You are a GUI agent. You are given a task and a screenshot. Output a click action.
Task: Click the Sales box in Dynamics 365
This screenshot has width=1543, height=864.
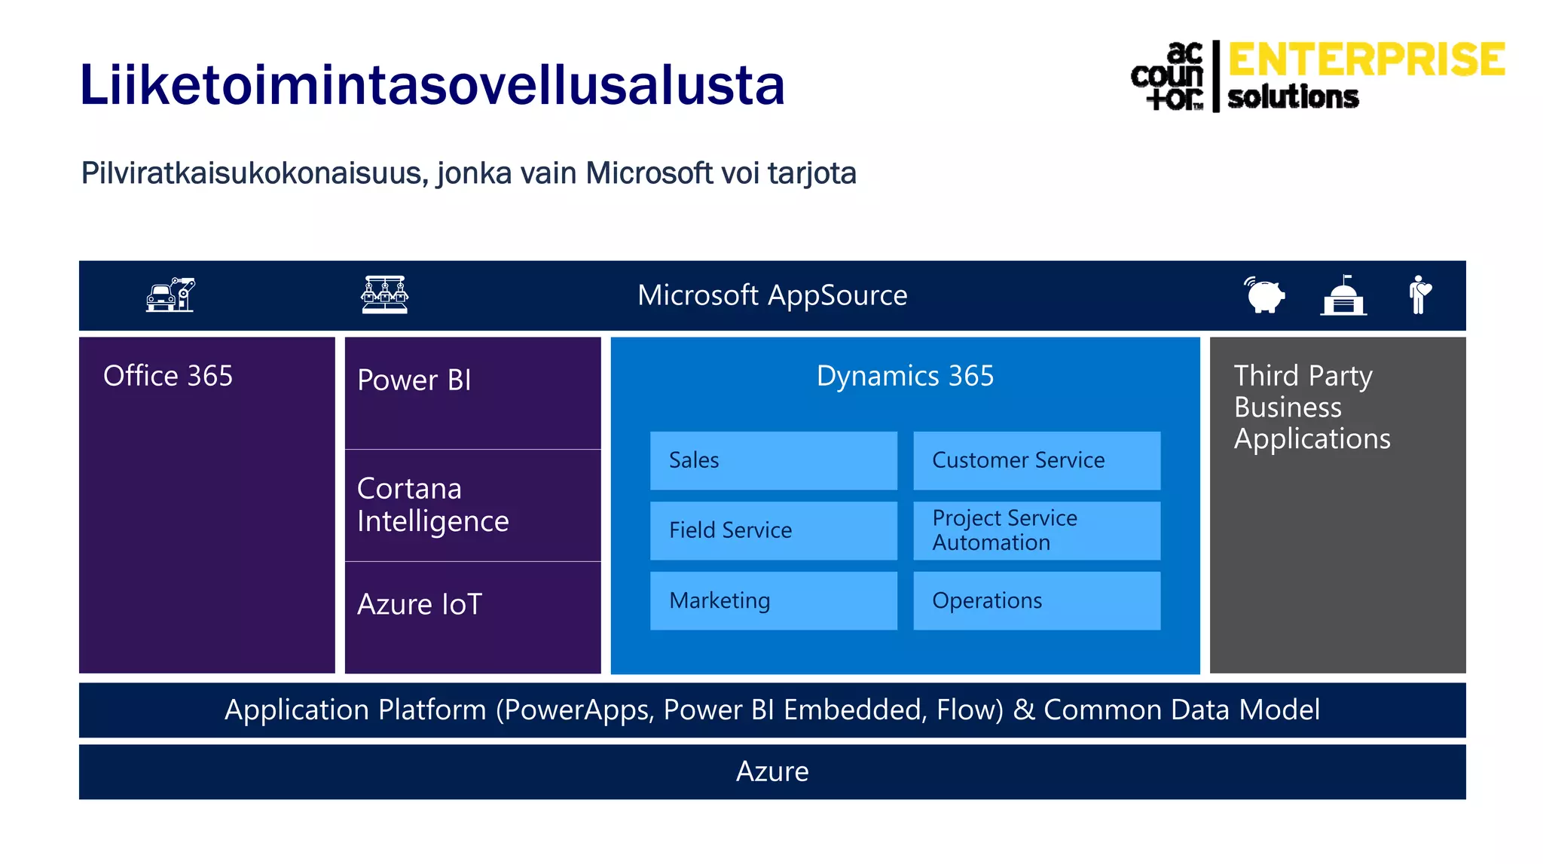click(773, 460)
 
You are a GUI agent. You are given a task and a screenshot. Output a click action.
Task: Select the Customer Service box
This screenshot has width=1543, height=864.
click(1036, 460)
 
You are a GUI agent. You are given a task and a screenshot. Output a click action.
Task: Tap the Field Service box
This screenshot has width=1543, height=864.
click(773, 530)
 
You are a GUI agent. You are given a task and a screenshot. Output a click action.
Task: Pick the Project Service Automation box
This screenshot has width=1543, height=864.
click(1036, 530)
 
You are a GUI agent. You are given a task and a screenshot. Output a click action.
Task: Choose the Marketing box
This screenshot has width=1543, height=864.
click(773, 600)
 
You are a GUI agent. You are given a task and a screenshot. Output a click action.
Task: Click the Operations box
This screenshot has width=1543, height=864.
click(1036, 600)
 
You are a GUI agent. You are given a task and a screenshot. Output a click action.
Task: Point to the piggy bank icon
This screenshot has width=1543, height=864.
click(1265, 295)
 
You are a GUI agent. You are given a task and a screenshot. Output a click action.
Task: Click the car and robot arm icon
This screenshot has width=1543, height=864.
click(170, 295)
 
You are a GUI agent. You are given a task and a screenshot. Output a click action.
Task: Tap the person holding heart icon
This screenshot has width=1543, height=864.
click(1419, 295)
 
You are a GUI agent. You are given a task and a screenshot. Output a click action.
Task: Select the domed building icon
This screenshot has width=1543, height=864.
click(1343, 295)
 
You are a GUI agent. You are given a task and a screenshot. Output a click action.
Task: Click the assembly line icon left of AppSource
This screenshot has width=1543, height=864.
click(384, 295)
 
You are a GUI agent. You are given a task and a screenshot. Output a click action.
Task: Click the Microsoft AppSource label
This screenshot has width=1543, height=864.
click(772, 295)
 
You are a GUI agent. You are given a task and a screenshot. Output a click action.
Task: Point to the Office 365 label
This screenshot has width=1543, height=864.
click(168, 376)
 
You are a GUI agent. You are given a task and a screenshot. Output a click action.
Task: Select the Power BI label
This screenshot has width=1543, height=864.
click(414, 380)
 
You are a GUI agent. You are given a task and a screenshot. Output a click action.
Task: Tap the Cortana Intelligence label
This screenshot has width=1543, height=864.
click(432, 505)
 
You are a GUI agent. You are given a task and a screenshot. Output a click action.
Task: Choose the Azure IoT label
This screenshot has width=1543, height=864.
click(420, 604)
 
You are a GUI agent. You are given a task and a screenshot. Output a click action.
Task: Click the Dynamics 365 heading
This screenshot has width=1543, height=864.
click(905, 376)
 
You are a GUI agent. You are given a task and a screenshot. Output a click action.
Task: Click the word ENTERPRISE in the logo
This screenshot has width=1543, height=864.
click(1366, 60)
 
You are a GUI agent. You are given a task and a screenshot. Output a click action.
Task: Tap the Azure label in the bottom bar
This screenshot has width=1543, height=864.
click(772, 771)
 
